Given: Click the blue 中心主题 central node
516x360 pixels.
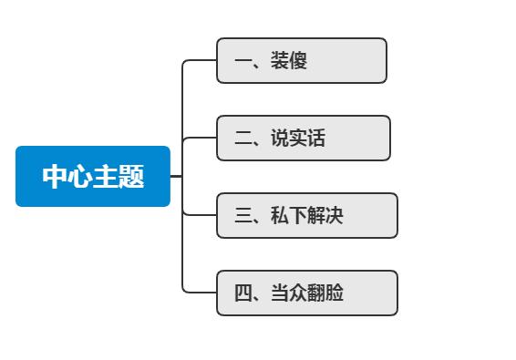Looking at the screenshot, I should (93, 176).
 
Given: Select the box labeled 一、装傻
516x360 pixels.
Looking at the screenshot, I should (301, 61).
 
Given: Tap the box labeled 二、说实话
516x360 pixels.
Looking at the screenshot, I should (303, 139).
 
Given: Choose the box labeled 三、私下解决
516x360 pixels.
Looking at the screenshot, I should (306, 216).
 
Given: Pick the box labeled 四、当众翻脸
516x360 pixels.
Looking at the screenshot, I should (306, 293).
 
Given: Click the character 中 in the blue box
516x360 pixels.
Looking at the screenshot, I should (55, 177).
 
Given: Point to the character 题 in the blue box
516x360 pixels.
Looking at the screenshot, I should (132, 177).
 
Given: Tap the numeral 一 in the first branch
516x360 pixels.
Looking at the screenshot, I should (243, 62).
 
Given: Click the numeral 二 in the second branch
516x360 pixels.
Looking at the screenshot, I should (243, 139).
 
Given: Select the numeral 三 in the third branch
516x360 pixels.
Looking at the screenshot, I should (243, 217).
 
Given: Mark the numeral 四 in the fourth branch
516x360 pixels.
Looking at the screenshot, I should (243, 293).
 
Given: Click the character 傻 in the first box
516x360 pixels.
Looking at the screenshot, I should (298, 61).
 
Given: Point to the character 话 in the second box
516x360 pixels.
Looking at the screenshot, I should (316, 139).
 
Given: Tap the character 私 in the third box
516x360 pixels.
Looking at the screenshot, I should (280, 216).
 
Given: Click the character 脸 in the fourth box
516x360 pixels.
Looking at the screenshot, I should (335, 293).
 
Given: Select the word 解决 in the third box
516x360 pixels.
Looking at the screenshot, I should (325, 216).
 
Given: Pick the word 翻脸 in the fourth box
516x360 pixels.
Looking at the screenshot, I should (325, 293).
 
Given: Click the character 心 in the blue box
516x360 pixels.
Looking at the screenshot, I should (80, 177).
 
